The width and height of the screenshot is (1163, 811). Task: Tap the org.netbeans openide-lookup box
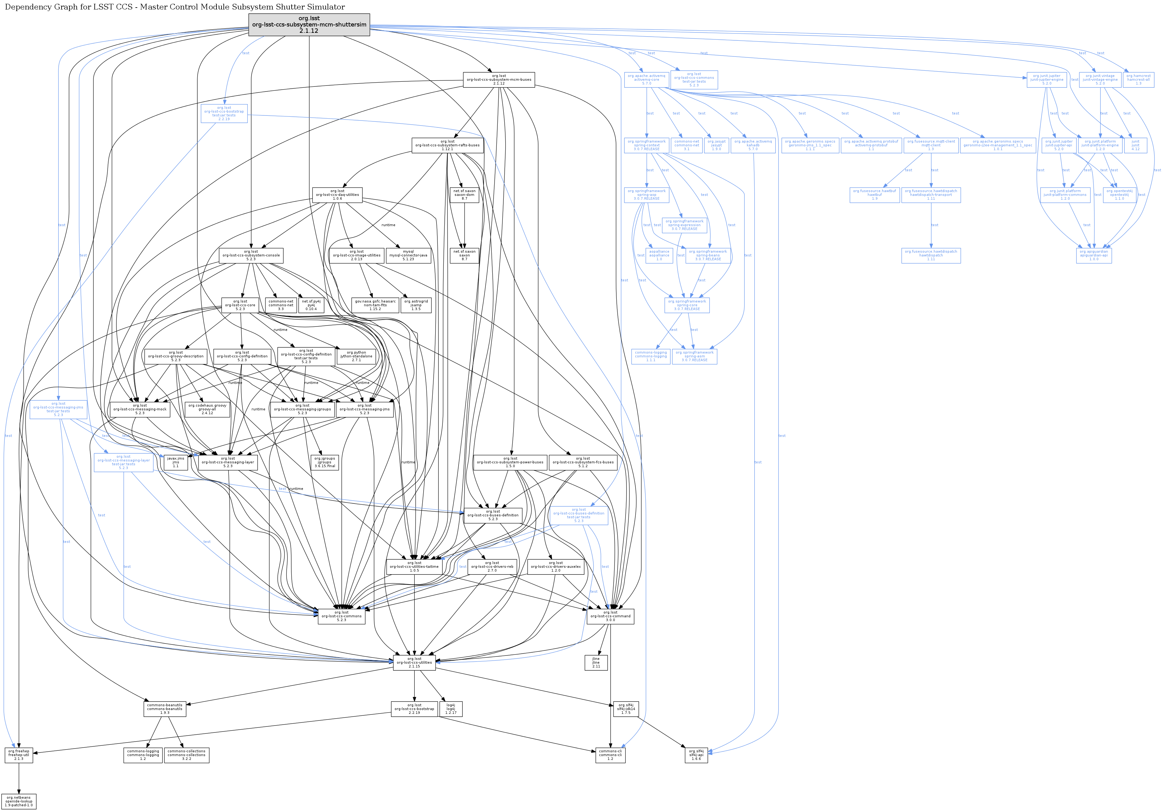pos(19,801)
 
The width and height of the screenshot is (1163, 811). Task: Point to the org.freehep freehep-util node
pos(19,755)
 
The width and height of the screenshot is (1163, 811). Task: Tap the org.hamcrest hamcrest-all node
pos(1138,79)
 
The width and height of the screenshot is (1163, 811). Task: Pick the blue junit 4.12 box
pos(1135,145)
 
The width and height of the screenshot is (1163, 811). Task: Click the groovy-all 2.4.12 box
pos(207,409)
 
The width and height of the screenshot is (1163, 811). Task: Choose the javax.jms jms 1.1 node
pos(175,462)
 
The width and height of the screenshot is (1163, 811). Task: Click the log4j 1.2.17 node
pos(450,709)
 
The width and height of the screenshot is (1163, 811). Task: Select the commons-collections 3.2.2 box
pos(187,755)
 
